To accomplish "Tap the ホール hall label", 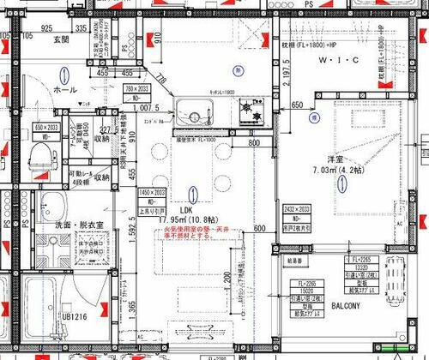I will point(64,88).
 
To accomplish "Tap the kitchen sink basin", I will point(190,112).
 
